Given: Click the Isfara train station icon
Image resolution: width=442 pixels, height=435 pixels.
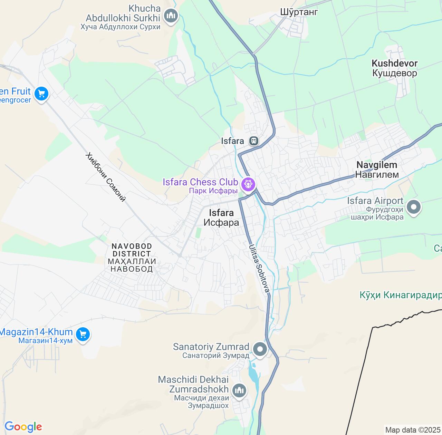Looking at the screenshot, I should pyautogui.click(x=254, y=141).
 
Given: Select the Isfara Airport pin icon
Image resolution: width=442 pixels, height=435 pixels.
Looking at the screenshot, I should pyautogui.click(x=414, y=207).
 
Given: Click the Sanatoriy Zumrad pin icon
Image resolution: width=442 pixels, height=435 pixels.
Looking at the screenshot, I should pyautogui.click(x=260, y=349).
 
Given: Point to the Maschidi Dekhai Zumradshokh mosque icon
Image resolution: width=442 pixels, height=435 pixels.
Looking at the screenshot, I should pyautogui.click(x=239, y=390).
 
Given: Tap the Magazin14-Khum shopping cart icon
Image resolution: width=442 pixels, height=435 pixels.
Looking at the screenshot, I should pyautogui.click(x=83, y=334).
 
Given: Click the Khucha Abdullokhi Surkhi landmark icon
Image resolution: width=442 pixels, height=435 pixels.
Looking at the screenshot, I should pyautogui.click(x=171, y=16).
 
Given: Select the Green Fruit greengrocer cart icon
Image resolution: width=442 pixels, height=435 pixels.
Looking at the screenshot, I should pyautogui.click(x=41, y=93).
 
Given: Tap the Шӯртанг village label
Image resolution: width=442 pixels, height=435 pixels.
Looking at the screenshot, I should pyautogui.click(x=299, y=12).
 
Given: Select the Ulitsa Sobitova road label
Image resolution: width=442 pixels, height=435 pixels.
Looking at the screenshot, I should pyautogui.click(x=259, y=268).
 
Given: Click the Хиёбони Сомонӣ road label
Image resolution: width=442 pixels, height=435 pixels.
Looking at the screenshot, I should pyautogui.click(x=105, y=177).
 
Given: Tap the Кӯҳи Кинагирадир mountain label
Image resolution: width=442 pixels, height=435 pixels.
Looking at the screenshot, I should pyautogui.click(x=401, y=295).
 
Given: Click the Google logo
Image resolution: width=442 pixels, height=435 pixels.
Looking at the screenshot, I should pyautogui.click(x=23, y=427).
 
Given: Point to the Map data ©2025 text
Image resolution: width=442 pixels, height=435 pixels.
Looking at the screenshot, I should pyautogui.click(x=413, y=430).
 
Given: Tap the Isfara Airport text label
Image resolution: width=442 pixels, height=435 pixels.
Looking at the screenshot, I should pyautogui.click(x=375, y=201).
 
